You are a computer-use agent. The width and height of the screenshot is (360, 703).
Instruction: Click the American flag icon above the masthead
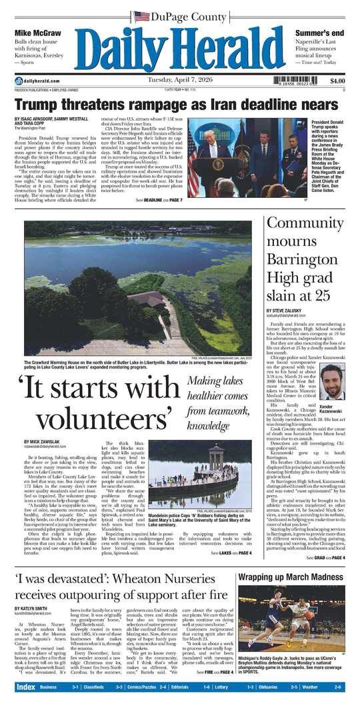click(x=141, y=16)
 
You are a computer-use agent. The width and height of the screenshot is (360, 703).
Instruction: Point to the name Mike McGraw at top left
click(x=37, y=33)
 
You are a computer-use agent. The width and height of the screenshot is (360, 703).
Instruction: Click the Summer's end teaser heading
click(x=319, y=33)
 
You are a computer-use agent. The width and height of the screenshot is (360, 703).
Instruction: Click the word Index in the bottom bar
click(x=26, y=687)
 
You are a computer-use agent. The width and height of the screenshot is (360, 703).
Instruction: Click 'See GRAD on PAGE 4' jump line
click(x=325, y=557)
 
